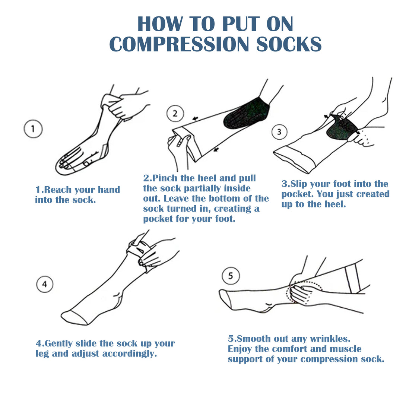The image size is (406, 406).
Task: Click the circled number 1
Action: [x=33, y=129]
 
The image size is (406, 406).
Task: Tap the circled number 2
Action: [x=175, y=113]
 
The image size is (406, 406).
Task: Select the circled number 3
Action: [x=279, y=132]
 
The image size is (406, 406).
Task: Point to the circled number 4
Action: [x=45, y=284]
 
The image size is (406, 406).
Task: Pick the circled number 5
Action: [x=231, y=276]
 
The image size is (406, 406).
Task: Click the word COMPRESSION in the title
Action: [x=179, y=44]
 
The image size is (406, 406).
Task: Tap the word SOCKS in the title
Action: [x=289, y=44]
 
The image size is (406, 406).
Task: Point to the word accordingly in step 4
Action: [x=130, y=354]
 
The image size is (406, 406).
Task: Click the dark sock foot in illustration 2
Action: [x=245, y=113]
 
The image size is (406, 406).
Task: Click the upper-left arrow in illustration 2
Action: [x=195, y=118]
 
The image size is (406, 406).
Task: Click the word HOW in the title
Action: [x=160, y=24]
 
